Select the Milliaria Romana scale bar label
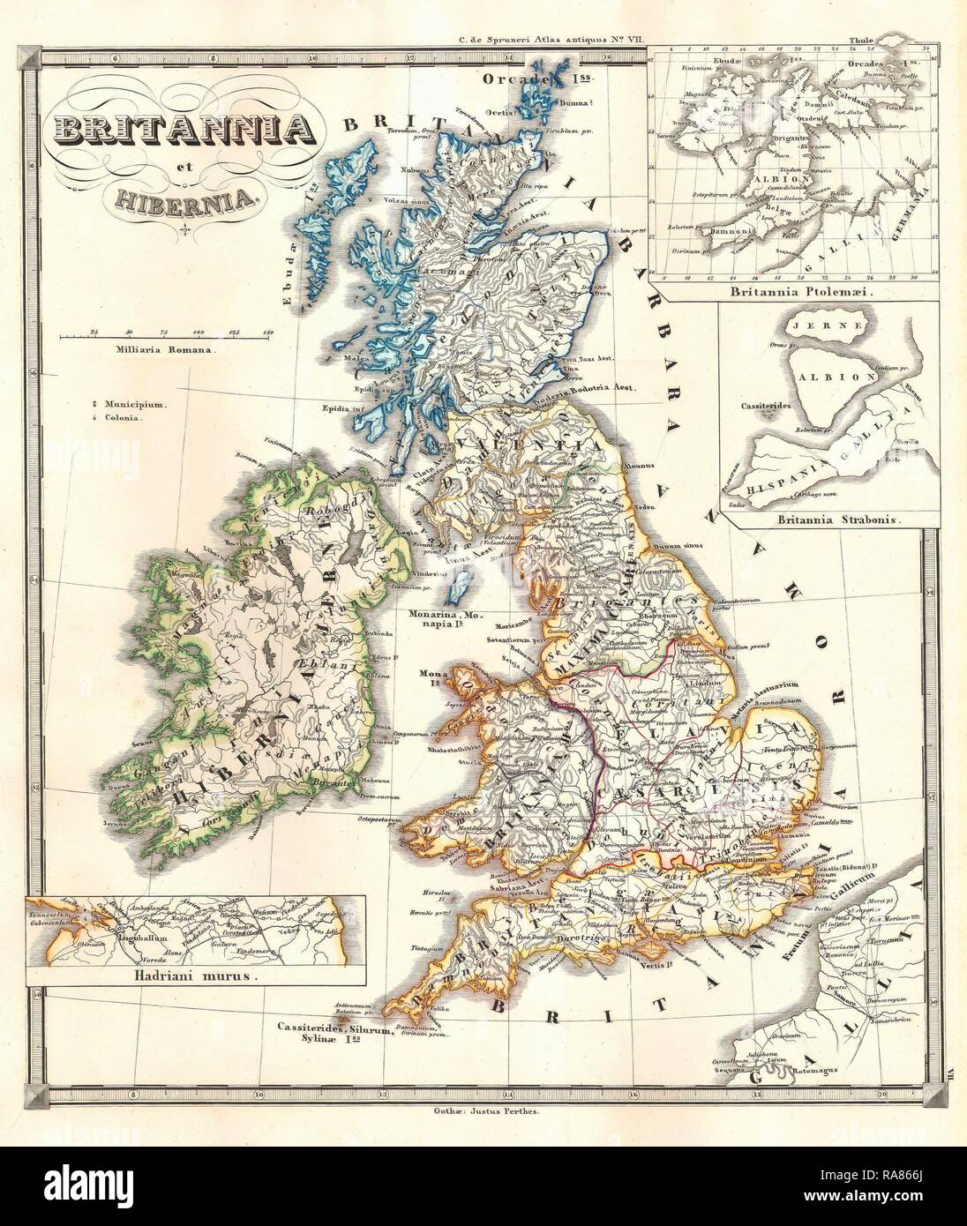(163, 350)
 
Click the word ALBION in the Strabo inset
(822, 375)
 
